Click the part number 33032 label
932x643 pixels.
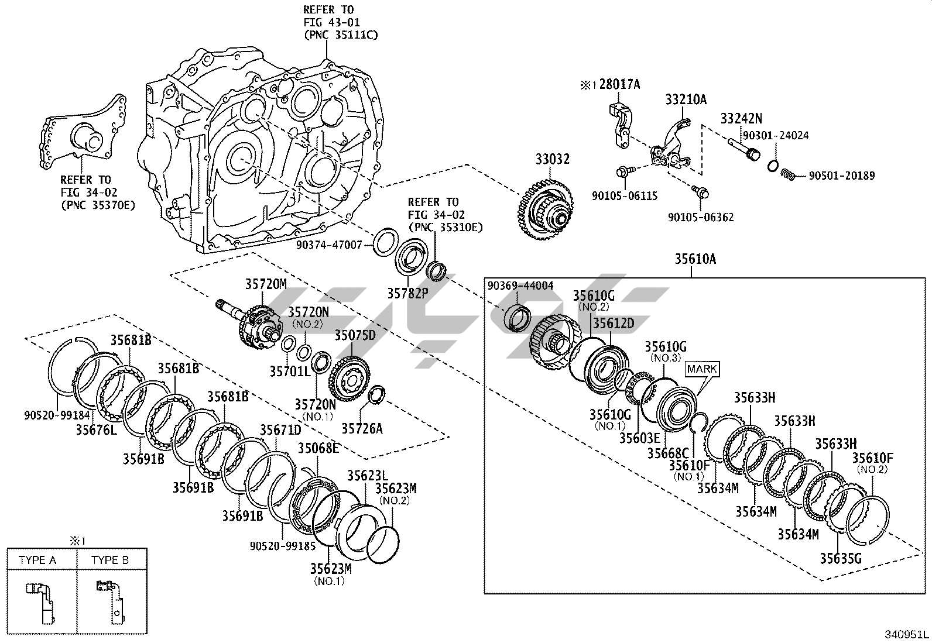coord(552,159)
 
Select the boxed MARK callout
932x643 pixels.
coord(703,369)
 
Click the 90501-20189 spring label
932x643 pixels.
coord(842,176)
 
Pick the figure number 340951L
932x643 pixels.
coord(906,634)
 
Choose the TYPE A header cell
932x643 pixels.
coord(37,560)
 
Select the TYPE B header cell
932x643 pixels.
coord(110,560)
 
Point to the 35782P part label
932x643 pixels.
coord(408,293)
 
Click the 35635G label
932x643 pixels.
coord(841,558)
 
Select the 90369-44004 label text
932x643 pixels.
coord(520,286)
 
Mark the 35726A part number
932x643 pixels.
coord(362,429)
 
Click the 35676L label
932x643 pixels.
coord(96,430)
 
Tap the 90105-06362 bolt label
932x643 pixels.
coord(701,217)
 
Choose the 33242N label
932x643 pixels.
coord(741,118)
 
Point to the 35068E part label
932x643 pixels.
coord(318,448)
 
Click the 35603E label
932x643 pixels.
coord(640,438)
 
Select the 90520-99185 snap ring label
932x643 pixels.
coord(283,546)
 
